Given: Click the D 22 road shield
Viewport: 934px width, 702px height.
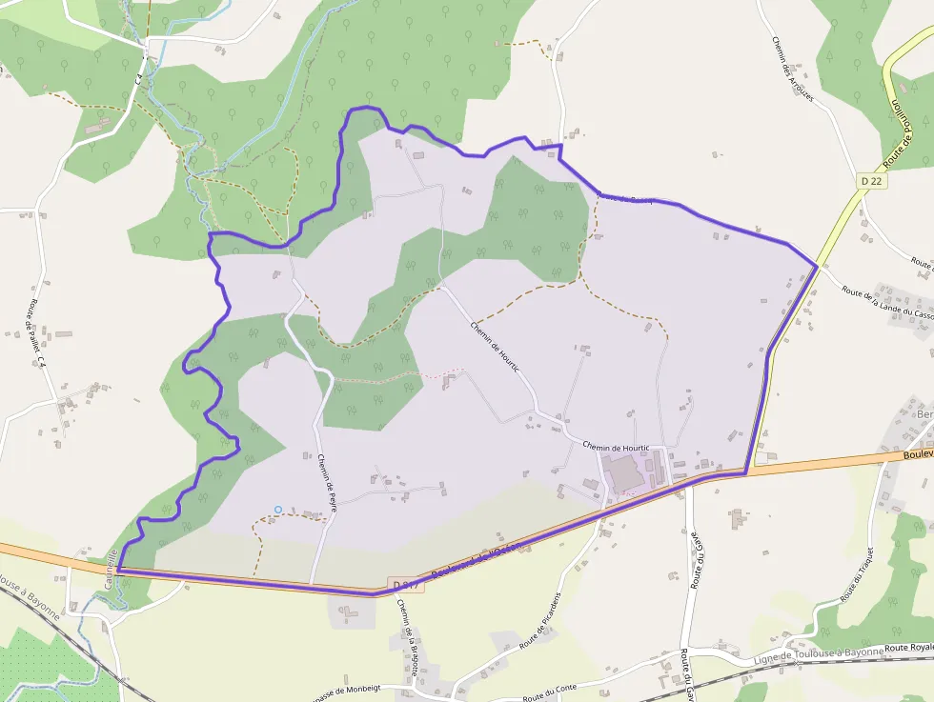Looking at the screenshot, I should coord(868,181).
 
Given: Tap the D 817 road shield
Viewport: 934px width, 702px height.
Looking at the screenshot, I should coord(405,584).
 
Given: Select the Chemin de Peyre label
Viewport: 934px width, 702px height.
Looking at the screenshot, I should coord(328,483).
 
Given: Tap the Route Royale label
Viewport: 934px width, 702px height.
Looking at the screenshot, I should coord(909,648).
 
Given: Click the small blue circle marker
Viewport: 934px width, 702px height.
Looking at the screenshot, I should coord(278,510).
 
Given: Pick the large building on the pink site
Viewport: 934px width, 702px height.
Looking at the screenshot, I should coord(623,473).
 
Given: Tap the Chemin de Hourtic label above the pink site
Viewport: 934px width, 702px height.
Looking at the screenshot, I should coord(615,447).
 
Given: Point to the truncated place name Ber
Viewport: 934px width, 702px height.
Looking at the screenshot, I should coord(924,414).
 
